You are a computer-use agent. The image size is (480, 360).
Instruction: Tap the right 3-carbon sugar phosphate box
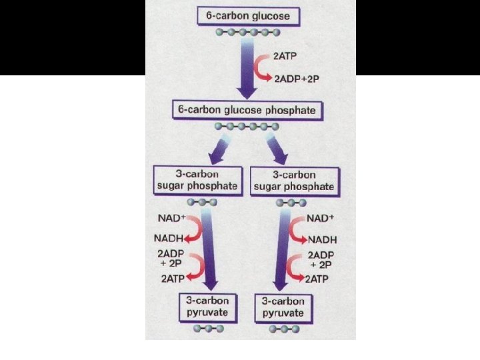[293, 180]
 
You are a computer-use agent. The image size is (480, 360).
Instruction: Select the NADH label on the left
[169, 239]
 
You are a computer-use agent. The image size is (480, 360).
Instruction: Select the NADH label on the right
[323, 239]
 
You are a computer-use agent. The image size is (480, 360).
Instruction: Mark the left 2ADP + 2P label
[171, 259]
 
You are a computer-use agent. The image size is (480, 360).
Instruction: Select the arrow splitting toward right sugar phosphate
[275, 148]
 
